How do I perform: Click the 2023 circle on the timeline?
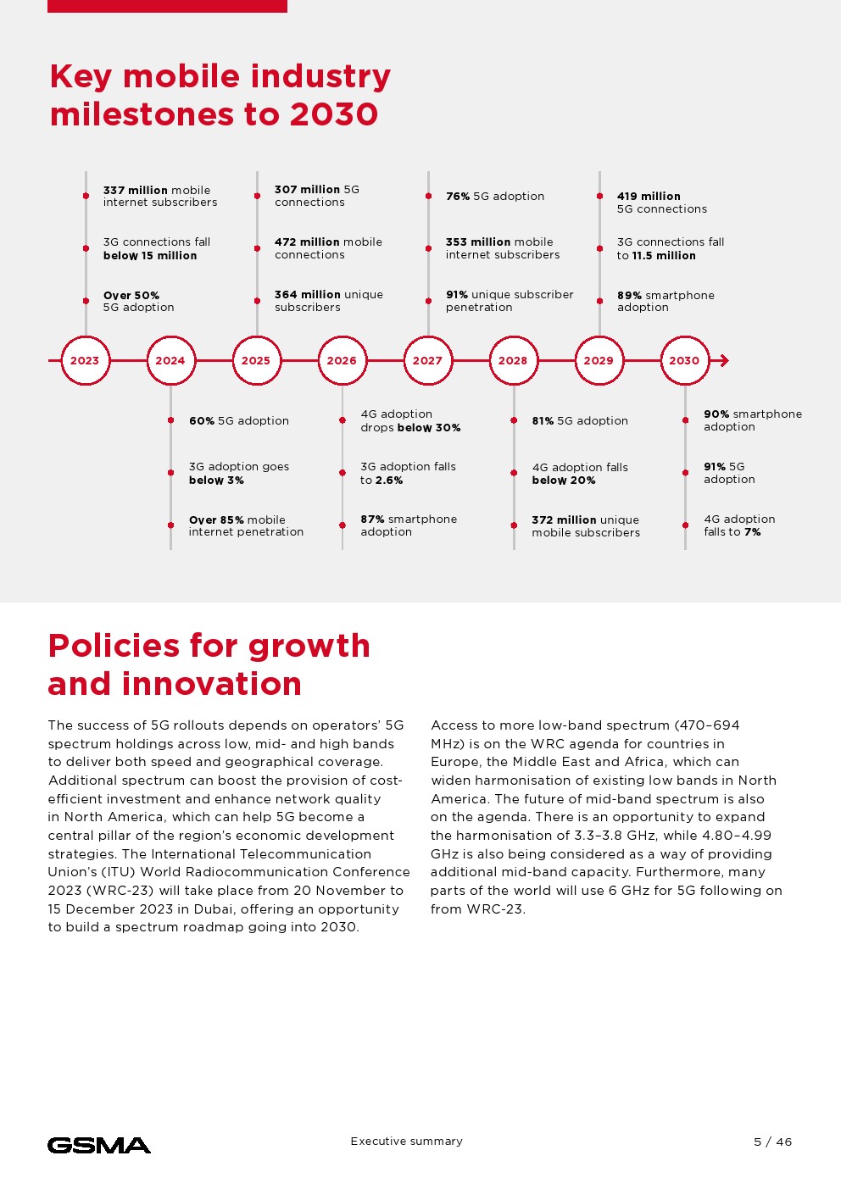tap(85, 360)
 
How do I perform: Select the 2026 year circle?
tap(342, 360)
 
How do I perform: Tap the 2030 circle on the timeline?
tap(684, 360)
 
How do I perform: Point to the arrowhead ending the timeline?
tap(723, 360)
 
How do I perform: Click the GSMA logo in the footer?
tap(99, 1146)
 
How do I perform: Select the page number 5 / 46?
tap(772, 1142)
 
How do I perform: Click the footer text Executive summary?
tap(407, 1142)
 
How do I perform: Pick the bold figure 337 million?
tap(136, 190)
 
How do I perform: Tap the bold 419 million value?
tap(649, 196)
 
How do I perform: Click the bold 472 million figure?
tap(307, 242)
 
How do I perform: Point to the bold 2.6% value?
tap(389, 480)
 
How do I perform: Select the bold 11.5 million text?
tap(664, 255)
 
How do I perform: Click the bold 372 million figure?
tap(564, 519)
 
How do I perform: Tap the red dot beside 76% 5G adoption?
tap(429, 196)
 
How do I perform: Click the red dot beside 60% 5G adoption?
tap(171, 420)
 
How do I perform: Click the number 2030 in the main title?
tap(334, 114)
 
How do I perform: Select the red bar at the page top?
tap(167, 6)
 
